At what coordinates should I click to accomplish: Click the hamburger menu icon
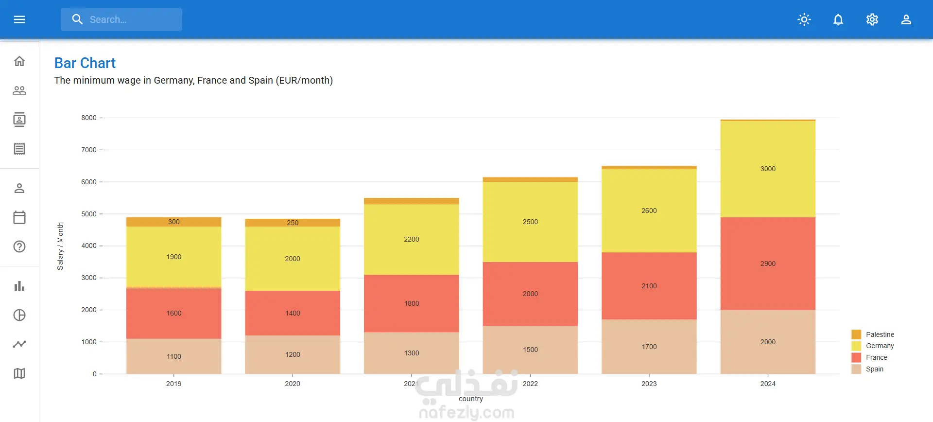tap(19, 19)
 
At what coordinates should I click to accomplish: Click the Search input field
tap(121, 19)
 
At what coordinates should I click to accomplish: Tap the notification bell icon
tap(838, 19)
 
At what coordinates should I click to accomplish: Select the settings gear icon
tap(872, 19)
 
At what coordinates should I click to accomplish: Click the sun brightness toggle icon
tap(804, 19)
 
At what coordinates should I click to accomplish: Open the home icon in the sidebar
tap(19, 61)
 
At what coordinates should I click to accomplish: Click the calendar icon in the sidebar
tap(19, 217)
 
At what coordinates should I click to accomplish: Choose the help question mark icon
tap(19, 246)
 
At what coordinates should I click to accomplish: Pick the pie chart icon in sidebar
tap(19, 315)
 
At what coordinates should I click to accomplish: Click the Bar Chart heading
tap(85, 63)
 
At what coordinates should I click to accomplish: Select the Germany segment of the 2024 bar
tap(768, 169)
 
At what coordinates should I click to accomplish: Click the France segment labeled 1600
tap(174, 313)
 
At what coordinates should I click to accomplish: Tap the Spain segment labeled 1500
tap(530, 350)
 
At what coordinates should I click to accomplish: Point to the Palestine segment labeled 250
tap(293, 223)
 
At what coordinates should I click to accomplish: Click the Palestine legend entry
tap(873, 334)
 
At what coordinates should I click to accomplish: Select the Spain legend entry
tap(868, 369)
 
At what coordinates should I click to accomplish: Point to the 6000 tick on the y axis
tap(89, 182)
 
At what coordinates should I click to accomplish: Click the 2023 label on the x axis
tap(649, 384)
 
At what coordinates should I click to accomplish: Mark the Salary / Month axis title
tap(60, 246)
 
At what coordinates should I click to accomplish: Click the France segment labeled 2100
tap(649, 286)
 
